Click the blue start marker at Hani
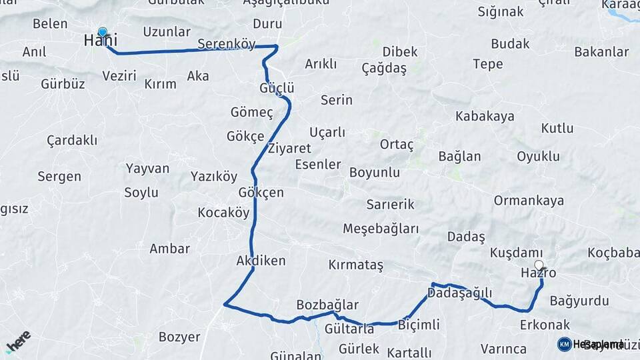coord(102,32)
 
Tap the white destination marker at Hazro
coord(539,265)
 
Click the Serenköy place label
coord(227,45)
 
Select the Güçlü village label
coord(277,89)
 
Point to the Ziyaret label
coord(289,147)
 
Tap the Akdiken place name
coord(261,261)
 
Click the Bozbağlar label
coord(327,304)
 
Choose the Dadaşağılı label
coord(459,293)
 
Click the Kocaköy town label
coord(223,213)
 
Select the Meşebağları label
coord(381,229)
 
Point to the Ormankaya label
coord(529,201)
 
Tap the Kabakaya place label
coord(485,116)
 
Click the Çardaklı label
coord(72,140)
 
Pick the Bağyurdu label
coord(579,301)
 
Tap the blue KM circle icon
coord(564,344)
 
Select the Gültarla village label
coord(349,329)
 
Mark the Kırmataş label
coord(356,265)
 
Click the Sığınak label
coord(501,11)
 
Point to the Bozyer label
coord(179,337)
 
